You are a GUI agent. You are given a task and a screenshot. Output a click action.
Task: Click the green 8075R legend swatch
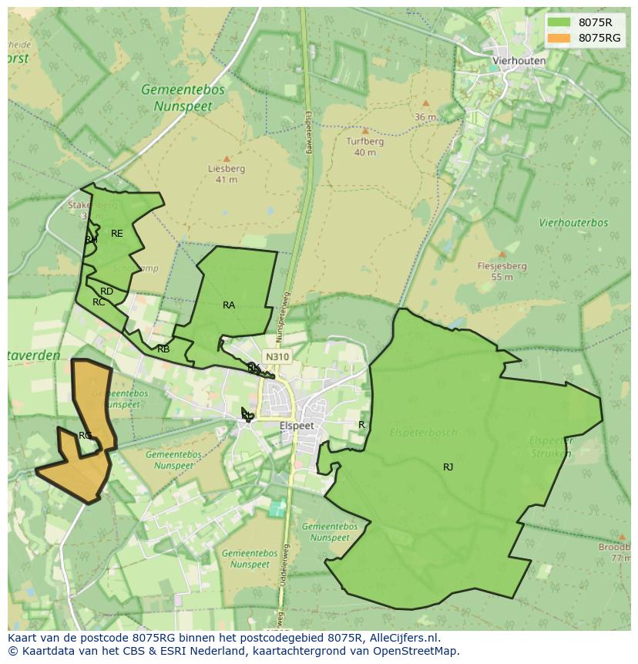559,22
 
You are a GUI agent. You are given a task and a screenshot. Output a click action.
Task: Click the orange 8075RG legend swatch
559,38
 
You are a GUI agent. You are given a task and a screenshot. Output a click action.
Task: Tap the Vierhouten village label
519,61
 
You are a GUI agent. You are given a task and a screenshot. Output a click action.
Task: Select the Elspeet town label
297,426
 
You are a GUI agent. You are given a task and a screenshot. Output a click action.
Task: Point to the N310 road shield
277,357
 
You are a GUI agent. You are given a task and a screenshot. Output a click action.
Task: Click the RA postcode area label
229,305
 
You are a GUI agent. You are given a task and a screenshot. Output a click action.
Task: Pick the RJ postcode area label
448,467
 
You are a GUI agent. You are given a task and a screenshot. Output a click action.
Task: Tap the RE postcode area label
116,234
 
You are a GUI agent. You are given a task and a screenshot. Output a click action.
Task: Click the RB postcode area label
163,349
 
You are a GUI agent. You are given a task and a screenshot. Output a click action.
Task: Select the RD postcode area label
106,292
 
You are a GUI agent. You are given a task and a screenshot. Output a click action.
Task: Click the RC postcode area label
99,302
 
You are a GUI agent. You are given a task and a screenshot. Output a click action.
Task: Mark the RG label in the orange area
85,436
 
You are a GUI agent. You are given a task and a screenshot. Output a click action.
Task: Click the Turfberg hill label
364,142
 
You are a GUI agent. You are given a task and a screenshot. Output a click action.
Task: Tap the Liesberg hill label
227,169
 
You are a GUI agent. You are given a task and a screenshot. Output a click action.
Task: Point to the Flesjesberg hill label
502,266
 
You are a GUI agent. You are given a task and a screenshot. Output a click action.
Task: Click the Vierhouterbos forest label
573,223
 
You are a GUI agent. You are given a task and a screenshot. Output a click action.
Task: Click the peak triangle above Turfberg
365,131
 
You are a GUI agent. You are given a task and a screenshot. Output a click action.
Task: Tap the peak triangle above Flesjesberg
502,254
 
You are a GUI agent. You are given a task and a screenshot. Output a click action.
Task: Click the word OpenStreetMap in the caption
416,651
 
